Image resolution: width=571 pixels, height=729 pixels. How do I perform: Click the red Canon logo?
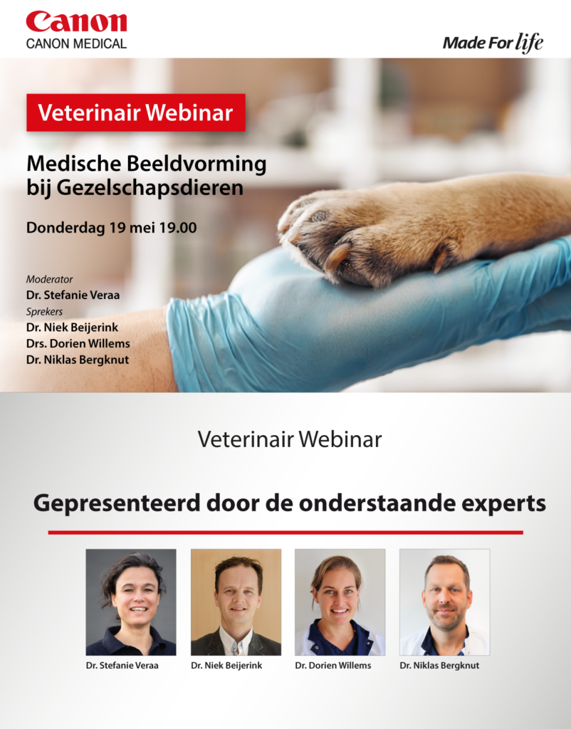(76, 22)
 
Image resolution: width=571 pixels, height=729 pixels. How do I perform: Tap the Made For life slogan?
(493, 43)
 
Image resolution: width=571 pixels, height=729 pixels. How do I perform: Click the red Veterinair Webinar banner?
(136, 112)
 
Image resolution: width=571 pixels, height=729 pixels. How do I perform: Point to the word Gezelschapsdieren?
(150, 188)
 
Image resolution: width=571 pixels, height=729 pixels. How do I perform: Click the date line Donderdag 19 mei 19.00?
(112, 228)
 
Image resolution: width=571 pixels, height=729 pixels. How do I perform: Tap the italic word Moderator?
(49, 279)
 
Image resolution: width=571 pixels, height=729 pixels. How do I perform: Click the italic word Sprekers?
(44, 312)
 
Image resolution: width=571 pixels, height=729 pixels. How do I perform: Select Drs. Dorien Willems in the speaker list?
(78, 344)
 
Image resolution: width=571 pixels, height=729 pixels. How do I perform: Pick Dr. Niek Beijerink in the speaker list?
(72, 327)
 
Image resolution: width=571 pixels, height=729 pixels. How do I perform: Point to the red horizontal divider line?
(285, 533)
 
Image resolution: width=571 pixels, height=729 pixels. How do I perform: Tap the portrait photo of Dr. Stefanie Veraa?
(131, 602)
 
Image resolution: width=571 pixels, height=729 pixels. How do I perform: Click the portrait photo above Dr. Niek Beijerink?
(236, 602)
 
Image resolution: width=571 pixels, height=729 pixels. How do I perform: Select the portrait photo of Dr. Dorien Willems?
(340, 602)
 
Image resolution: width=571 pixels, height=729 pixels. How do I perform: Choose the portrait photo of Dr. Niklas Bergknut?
(444, 602)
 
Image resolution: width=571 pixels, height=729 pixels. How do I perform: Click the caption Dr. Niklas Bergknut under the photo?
(439, 666)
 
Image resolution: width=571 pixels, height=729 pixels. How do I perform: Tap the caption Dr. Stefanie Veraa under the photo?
(122, 666)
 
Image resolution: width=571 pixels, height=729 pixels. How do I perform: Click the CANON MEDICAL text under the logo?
(76, 43)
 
